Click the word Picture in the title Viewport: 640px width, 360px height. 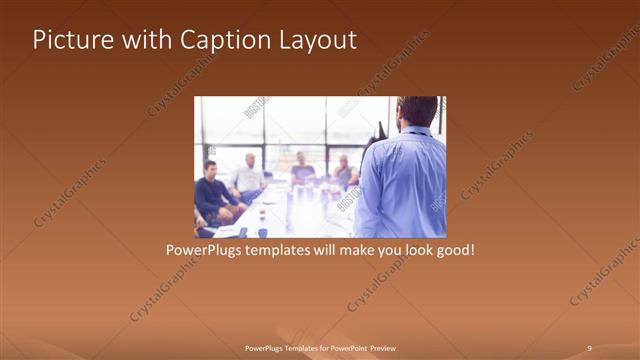click(x=68, y=40)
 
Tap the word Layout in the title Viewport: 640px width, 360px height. click(x=316, y=40)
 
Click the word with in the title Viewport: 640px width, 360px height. click(x=141, y=40)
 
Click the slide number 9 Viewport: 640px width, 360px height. click(x=589, y=347)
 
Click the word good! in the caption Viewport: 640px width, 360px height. click(x=453, y=249)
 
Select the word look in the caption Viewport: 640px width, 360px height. click(x=412, y=249)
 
